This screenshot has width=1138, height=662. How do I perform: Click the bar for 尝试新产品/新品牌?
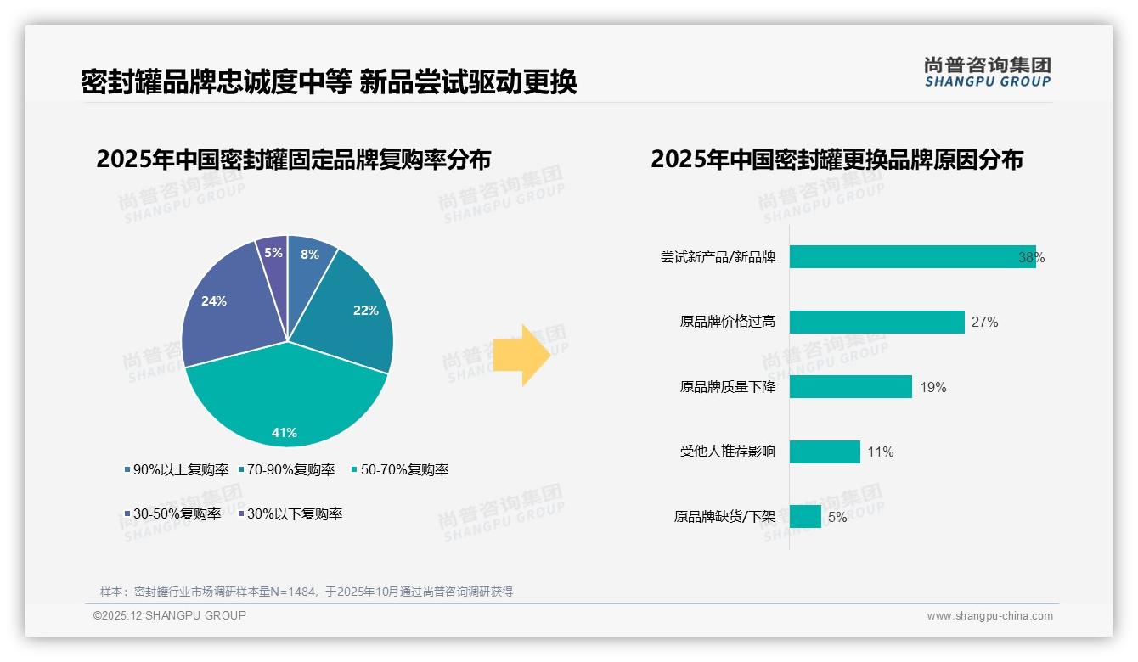click(912, 257)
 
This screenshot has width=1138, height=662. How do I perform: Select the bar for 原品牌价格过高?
click(876, 322)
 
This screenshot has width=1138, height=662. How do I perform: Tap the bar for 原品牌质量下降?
click(850, 387)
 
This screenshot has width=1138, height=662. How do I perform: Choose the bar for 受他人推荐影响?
click(825, 452)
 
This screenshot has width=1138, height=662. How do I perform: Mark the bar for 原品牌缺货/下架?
click(805, 516)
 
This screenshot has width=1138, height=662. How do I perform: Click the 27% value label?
click(985, 323)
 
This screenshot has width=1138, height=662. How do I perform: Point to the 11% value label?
click(881, 452)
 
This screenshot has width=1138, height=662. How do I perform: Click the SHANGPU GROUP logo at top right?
click(987, 72)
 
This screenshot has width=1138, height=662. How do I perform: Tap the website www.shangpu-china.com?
click(989, 616)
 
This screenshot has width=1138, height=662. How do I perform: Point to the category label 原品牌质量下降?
click(727, 387)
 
